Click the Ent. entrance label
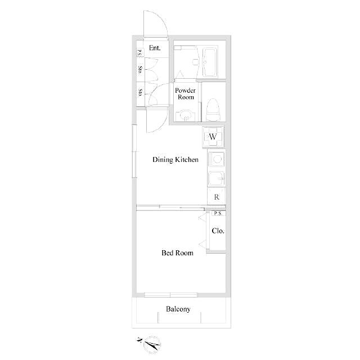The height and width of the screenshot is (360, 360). point(155,48)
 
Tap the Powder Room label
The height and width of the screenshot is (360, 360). point(185,94)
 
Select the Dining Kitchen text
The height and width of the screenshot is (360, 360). point(175,160)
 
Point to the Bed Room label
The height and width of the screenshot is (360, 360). point(177,253)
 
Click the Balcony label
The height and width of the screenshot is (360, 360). point(178,309)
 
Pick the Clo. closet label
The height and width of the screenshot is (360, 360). point(218,231)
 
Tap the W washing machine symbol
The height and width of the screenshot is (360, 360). point(213,137)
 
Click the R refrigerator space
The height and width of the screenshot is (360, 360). point(217,197)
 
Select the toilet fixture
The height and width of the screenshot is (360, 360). point(213,110)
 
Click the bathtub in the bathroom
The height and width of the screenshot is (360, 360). point(210,62)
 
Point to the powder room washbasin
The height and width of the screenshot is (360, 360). point(185,115)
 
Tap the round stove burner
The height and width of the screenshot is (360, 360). point(217,159)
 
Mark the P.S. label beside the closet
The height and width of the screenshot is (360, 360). point(218,214)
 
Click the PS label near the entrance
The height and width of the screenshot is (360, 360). point(139,53)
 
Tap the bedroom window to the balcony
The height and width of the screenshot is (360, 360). point(171,295)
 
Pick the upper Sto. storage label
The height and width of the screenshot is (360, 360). point(140,70)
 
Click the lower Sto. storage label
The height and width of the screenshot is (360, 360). point(140,92)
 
